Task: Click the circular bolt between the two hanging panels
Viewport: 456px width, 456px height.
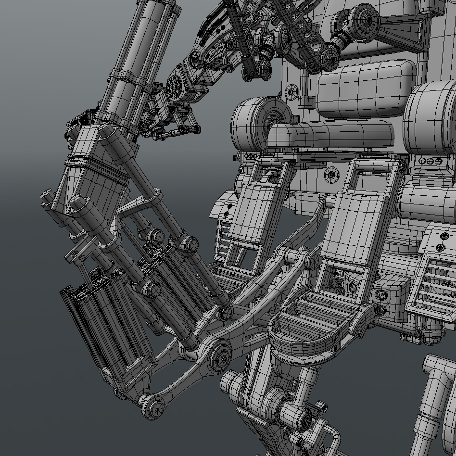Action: coord(330,175)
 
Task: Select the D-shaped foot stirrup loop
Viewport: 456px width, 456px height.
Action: coord(315,327)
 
